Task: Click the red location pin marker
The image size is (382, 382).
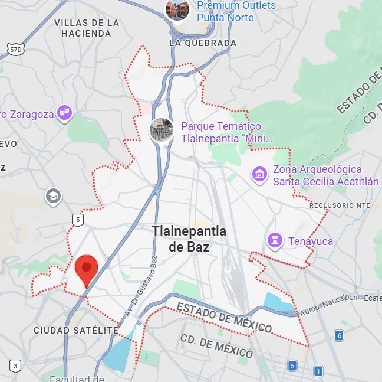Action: coord(87,270)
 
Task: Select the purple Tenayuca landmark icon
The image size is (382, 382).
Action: coord(275,240)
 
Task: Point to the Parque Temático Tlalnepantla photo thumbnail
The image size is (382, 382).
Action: coord(161,130)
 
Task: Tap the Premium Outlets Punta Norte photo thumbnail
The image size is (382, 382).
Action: coord(177,9)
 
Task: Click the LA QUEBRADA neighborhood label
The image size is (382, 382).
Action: coord(203,43)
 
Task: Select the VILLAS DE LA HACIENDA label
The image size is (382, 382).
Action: coord(87,28)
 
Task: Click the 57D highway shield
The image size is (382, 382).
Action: coord(16,50)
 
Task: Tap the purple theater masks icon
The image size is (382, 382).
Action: coord(65,112)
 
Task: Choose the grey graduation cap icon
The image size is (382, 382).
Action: coord(53,195)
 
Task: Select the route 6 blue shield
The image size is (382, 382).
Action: coord(338,336)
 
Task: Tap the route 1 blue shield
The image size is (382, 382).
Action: coord(318,371)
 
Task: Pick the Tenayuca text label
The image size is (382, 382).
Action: coord(311,241)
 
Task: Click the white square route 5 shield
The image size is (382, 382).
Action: coord(78,220)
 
